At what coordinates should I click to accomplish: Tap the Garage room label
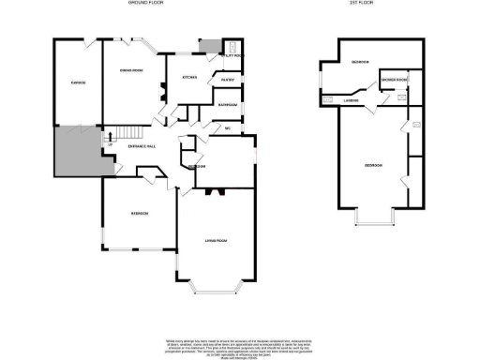tap(79, 82)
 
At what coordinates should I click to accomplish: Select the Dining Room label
tap(130, 71)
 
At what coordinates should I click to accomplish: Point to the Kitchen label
tap(187, 78)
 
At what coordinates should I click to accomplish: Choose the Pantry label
tap(227, 80)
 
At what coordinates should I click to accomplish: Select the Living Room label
tap(218, 241)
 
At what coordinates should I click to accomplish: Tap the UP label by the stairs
tap(111, 144)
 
